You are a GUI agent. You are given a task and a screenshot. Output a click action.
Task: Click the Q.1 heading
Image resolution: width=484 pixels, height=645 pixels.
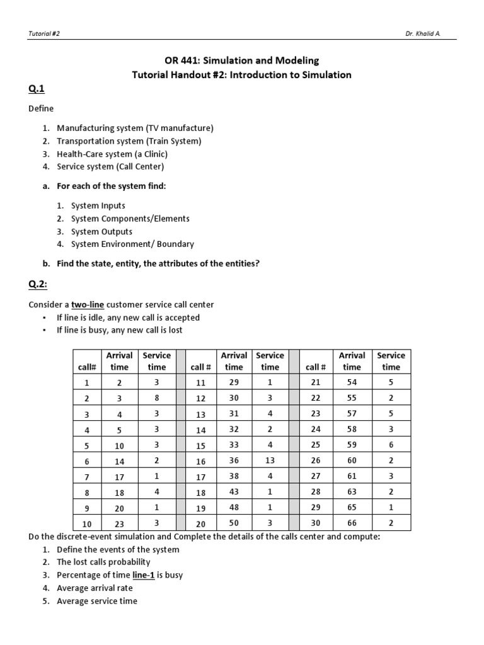[x=37, y=89]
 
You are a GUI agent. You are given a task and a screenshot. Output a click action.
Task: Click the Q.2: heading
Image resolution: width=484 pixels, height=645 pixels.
[x=38, y=284]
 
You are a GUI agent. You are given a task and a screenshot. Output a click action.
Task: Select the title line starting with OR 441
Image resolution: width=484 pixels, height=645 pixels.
[x=241, y=60]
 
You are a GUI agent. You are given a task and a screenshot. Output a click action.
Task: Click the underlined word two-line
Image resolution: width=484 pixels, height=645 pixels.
[x=87, y=304]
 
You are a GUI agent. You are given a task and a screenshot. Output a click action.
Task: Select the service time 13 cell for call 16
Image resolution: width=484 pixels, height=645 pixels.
[x=270, y=460]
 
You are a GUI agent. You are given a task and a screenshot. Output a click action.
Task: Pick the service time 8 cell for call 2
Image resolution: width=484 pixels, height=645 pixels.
[x=156, y=398]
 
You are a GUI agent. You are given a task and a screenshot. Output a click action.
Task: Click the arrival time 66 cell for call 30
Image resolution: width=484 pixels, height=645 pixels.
[x=352, y=523]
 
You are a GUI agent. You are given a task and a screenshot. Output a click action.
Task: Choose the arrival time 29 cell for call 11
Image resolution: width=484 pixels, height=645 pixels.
[x=233, y=382]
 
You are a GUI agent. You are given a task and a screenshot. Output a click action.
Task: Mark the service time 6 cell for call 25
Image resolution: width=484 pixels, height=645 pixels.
[x=391, y=444]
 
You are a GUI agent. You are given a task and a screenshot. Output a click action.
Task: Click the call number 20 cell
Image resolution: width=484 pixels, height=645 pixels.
[x=201, y=523]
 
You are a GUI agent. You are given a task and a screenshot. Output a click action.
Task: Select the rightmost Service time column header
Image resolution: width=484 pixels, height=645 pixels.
[x=391, y=361]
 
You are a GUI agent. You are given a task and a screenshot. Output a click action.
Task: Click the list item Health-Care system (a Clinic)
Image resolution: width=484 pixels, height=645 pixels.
[x=112, y=154]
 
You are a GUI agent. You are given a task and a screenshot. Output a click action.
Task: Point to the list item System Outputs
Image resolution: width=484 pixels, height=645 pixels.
[x=101, y=231]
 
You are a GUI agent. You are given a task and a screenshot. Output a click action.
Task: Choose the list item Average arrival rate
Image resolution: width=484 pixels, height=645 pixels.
[x=95, y=588]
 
